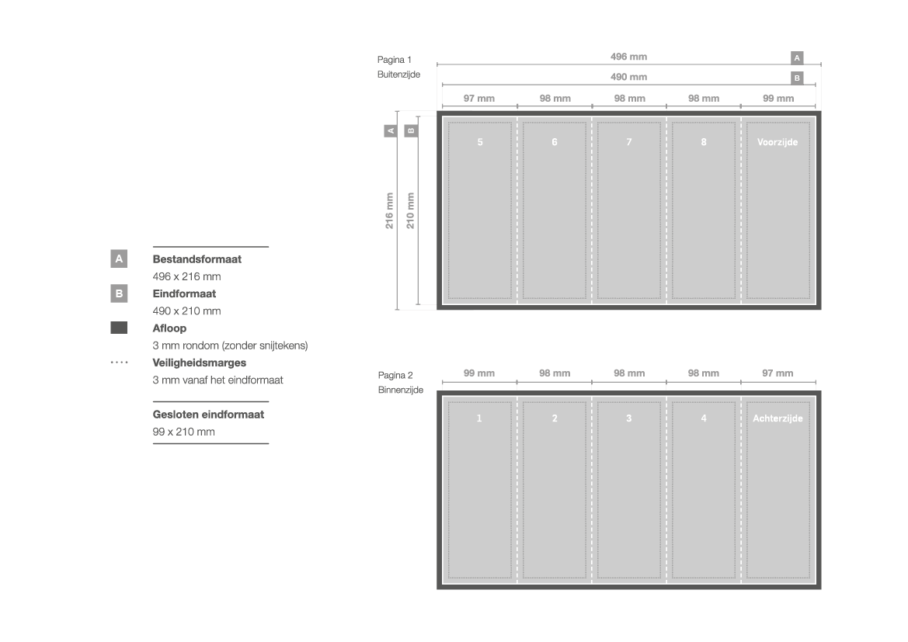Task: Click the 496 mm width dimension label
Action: pos(628,57)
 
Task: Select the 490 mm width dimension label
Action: pos(628,77)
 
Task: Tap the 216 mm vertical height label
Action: pos(390,210)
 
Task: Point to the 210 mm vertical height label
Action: pos(411,210)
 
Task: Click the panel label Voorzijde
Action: pos(778,142)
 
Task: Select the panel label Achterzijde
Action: pos(778,418)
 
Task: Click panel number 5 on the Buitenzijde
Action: pos(480,142)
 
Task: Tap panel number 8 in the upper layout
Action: pos(704,142)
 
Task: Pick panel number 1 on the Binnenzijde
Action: pos(479,418)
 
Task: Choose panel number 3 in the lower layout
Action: pos(629,418)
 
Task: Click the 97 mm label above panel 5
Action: pos(479,99)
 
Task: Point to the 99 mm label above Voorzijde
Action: pos(778,99)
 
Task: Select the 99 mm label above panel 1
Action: pos(479,373)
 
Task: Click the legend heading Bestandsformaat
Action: pos(197,259)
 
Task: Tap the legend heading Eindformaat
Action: pos(184,293)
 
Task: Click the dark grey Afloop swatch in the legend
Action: pos(119,328)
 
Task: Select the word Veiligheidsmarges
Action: pos(199,363)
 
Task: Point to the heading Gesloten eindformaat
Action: pos(208,415)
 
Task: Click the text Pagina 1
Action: pos(395,60)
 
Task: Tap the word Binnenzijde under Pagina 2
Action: pos(401,390)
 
